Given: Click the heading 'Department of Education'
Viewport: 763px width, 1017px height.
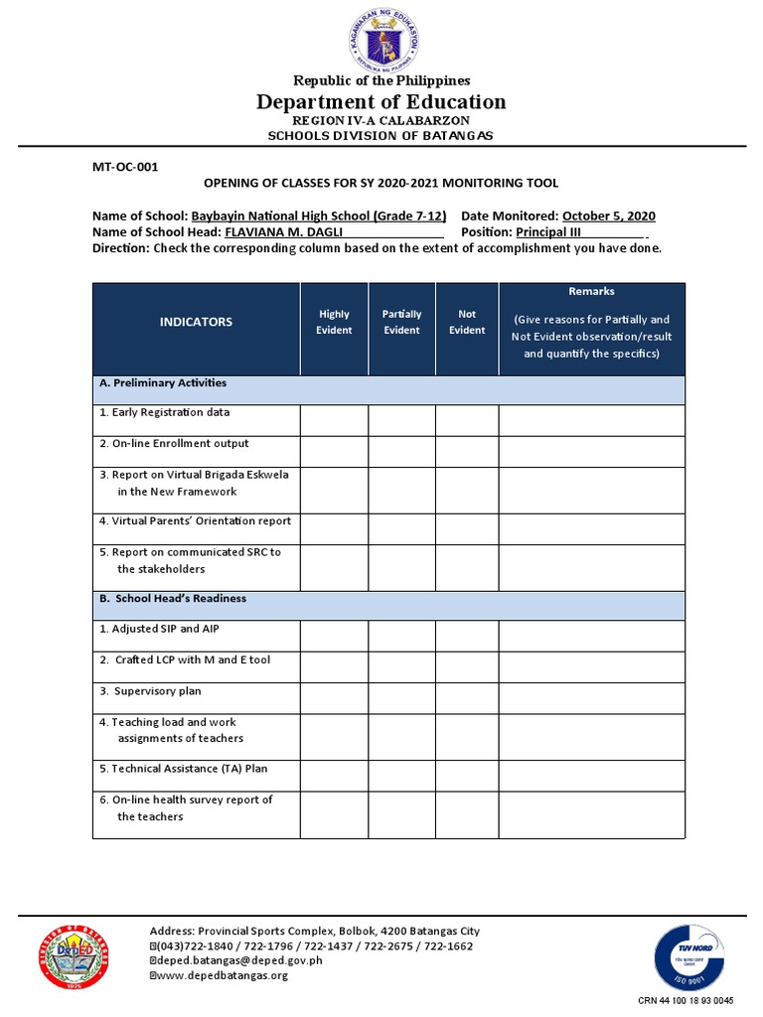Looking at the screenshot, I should coord(381,102).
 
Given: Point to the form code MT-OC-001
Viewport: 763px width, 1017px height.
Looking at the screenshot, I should coord(125,167).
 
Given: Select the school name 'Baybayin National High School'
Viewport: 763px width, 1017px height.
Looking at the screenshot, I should coord(318,216).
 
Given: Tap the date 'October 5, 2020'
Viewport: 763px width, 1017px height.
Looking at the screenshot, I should coord(608,216).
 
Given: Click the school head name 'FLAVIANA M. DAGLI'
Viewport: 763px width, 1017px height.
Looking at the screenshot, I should coord(283,231).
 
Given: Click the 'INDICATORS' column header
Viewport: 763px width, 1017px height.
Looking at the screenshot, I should coord(196,322).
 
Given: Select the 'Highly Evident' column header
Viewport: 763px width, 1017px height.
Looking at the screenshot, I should coord(334,322).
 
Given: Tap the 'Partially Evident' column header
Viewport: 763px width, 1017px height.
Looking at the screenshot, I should coord(401,322).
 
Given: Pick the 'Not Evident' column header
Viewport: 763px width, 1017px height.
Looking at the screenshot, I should coord(467,322).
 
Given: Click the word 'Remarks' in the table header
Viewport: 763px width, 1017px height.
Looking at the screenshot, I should coord(591,291).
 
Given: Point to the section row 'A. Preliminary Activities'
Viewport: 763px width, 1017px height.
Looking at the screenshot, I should coord(163,383).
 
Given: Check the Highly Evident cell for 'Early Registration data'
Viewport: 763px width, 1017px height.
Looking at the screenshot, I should coord(334,420).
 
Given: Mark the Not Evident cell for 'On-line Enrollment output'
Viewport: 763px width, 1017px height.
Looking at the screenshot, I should coord(467,451).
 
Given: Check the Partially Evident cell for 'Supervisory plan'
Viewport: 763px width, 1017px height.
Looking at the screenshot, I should coord(401,698).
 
